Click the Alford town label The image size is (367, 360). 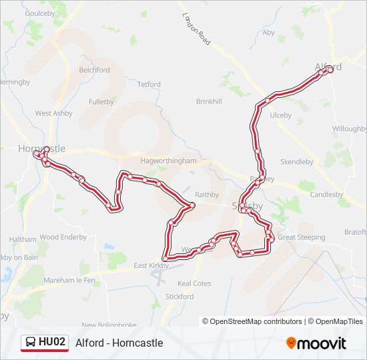pos(328,67)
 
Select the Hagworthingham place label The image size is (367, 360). pos(169,161)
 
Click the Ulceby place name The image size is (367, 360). pos(280,115)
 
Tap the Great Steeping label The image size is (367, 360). pos(302,237)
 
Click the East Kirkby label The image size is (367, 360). pos(150,265)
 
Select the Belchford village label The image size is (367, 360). pos(94,70)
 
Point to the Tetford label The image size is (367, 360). pos(149,85)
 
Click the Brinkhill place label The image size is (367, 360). pos(208,101)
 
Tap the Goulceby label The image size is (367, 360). pos(39,13)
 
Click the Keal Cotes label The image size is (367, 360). pos(194,283)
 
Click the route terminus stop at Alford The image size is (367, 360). pos(330,69)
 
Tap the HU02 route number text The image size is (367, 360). pos(52,343)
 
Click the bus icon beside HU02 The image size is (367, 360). pos(30,343)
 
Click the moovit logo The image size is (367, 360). pos(316,343)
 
